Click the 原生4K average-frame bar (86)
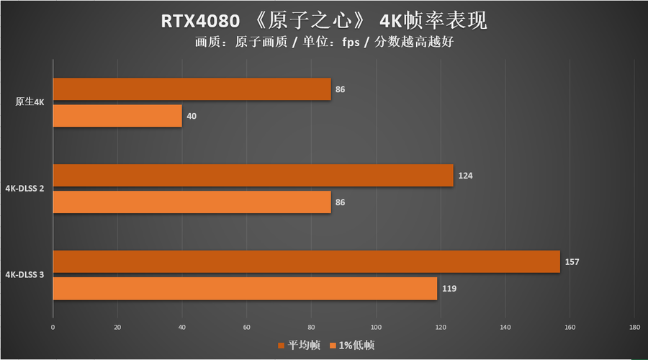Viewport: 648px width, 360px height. (192, 89)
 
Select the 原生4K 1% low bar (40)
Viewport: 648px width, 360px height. (117, 116)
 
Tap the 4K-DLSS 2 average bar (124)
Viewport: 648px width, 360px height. (253, 176)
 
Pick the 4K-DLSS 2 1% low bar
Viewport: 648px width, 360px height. (192, 202)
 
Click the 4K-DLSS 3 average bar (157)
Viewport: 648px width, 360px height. (306, 262)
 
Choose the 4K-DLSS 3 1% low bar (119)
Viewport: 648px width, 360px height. (245, 289)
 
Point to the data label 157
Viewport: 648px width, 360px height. (572, 262)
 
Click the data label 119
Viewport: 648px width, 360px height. (449, 289)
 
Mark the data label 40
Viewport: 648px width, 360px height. (192, 116)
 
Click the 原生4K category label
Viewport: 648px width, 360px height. (30, 102)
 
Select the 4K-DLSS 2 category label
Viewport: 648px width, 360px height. (25, 189)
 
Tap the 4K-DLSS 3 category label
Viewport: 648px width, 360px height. (25, 275)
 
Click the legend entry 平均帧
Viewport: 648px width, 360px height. (303, 346)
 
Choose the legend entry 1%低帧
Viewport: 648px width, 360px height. (356, 346)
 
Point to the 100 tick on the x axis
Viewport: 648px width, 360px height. (375, 328)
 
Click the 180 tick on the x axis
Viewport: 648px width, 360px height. (634, 328)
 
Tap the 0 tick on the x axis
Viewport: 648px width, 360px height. (53, 328)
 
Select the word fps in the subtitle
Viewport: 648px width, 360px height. (352, 42)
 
